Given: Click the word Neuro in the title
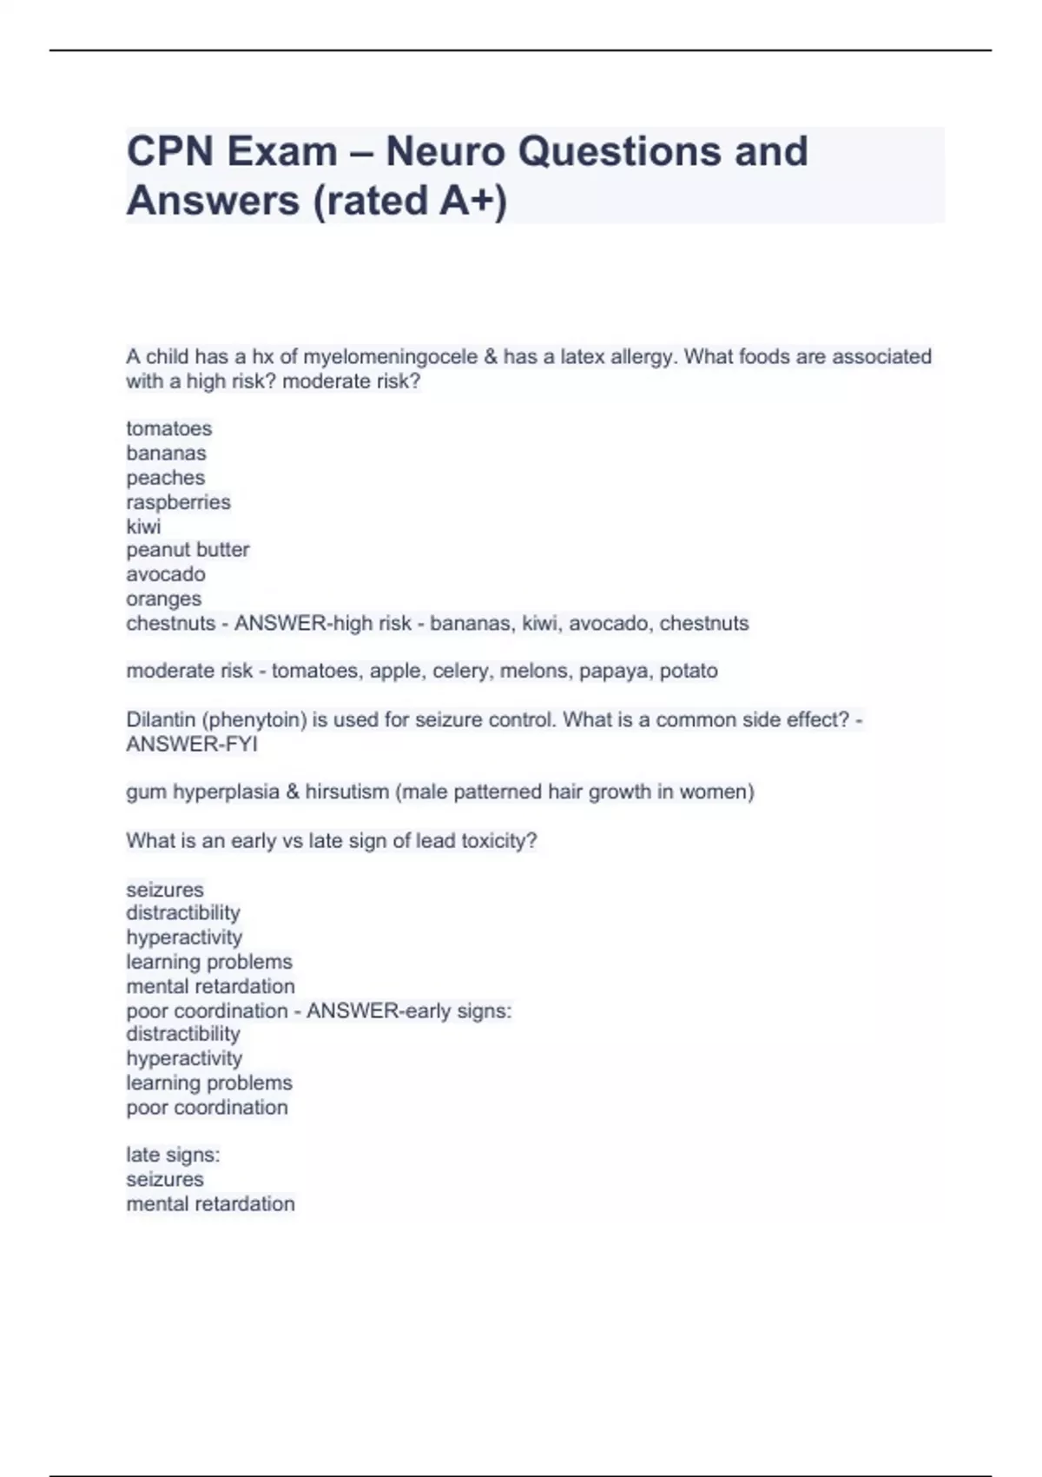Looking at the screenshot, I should click(445, 152).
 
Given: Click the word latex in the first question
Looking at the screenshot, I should click(584, 357).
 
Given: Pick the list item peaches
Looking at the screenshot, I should click(165, 478).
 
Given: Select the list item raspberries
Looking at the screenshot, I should click(178, 502).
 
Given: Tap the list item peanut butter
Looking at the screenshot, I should click(188, 550).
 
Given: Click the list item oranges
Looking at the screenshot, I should click(163, 599).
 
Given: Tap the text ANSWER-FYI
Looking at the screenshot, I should click(191, 745).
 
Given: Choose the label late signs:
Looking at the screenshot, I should click(173, 1155).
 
